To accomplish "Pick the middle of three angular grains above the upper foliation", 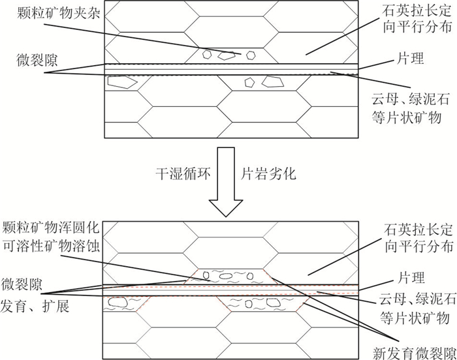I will point(226,56).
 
